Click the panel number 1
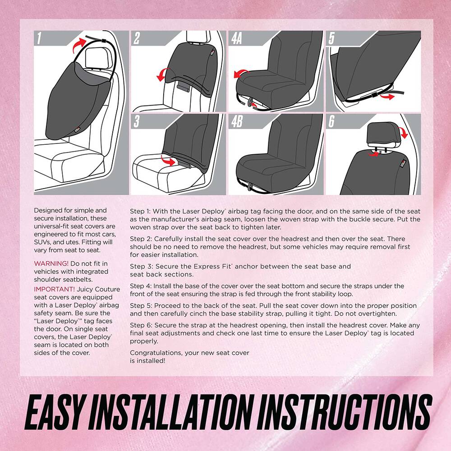[x=40, y=39]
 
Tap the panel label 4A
[x=237, y=39]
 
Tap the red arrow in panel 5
[x=385, y=96]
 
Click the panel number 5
[x=331, y=39]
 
